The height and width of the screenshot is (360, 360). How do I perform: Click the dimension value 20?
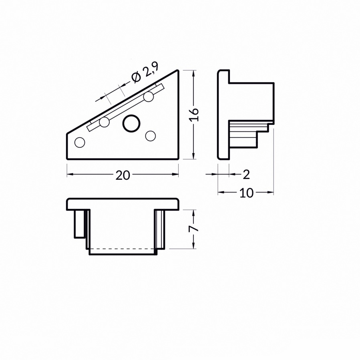click(x=123, y=175)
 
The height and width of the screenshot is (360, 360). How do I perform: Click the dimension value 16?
click(x=194, y=114)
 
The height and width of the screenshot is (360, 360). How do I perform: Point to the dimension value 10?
click(x=247, y=193)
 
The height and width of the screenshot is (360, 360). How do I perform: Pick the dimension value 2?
click(x=246, y=175)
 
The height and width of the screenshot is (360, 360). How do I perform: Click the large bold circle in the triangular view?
click(x=132, y=123)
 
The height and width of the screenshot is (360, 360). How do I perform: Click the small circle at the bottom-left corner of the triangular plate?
click(x=80, y=142)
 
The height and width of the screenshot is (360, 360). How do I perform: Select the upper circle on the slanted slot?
click(x=149, y=97)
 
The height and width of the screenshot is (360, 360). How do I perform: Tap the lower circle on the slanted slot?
click(x=105, y=122)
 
